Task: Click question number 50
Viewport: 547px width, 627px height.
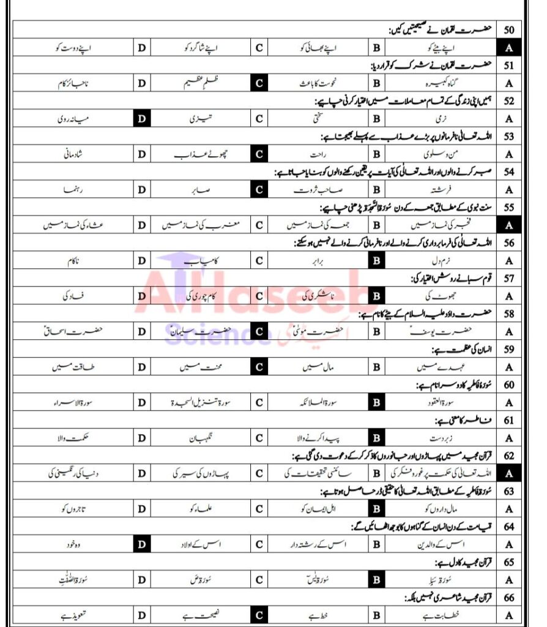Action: click(x=508, y=29)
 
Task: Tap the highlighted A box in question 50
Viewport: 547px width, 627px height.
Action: click(x=508, y=47)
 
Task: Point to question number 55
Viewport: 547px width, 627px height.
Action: click(x=508, y=208)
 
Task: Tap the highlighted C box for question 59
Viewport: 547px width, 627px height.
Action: click(x=259, y=368)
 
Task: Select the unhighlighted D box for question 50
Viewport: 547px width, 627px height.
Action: click(x=141, y=47)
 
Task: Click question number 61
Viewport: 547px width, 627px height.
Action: click(x=508, y=421)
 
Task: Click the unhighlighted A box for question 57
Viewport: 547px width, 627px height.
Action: click(x=508, y=296)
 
